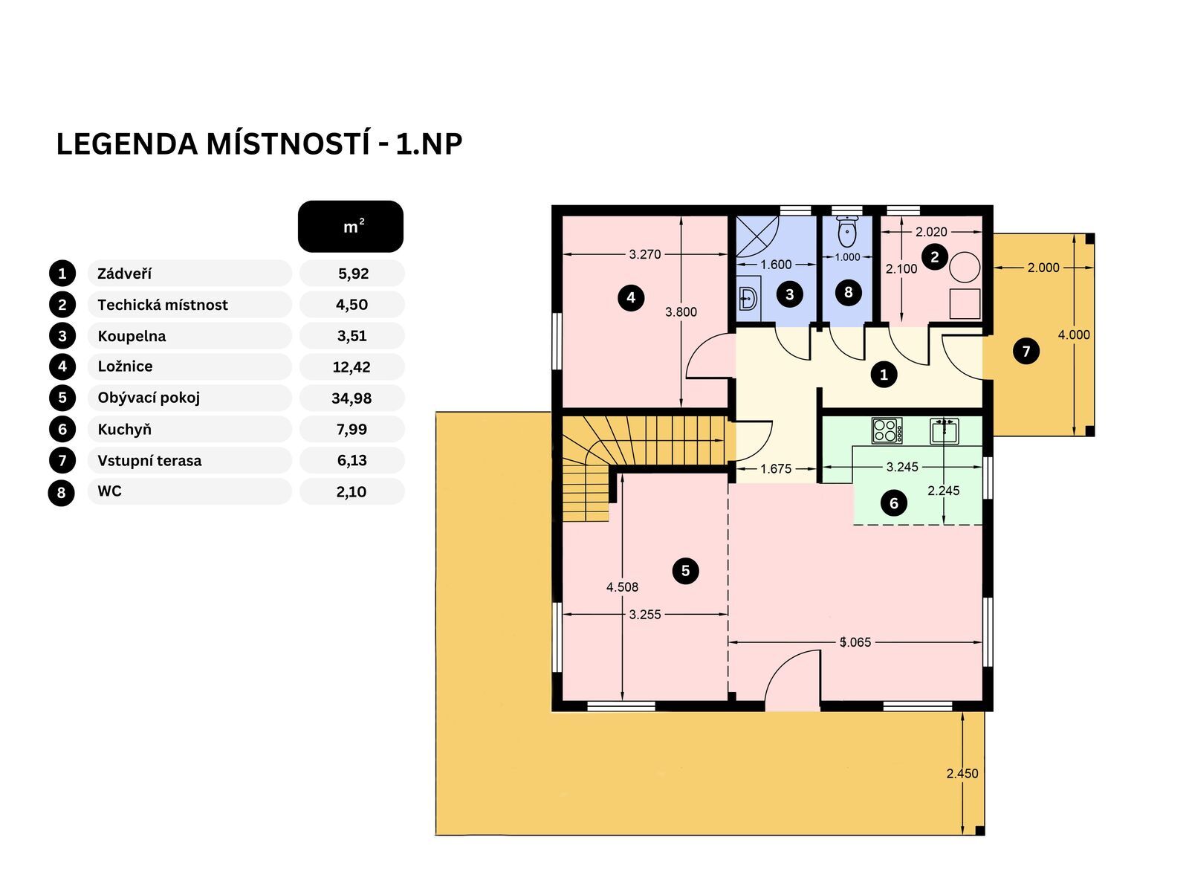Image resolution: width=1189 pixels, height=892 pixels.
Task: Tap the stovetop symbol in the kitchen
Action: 887,430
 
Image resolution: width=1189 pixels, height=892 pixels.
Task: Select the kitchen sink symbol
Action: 945,431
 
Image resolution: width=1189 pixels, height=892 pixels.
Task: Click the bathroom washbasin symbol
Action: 748,298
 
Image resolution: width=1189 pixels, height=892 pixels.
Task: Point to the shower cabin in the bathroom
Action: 757,236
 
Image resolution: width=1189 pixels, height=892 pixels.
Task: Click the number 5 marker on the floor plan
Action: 685,570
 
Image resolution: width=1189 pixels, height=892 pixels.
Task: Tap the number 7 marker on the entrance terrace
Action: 1026,351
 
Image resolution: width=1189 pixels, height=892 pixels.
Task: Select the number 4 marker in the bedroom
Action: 630,297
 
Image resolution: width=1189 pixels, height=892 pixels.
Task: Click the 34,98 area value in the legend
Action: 351,398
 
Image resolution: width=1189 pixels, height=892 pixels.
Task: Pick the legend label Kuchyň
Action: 125,430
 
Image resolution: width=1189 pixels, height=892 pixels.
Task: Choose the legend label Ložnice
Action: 125,366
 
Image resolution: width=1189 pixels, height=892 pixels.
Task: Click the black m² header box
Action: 351,227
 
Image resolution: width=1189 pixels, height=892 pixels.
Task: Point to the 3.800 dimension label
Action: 681,312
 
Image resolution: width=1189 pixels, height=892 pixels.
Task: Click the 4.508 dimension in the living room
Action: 622,587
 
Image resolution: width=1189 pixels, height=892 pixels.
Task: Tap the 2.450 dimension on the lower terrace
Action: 962,774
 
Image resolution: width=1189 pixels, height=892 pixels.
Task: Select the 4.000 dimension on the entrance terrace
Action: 1074,335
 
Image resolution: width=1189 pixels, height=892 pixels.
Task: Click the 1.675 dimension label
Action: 776,469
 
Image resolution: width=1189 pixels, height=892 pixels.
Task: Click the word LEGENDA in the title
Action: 127,145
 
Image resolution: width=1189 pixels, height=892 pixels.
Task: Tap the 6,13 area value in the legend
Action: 352,461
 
